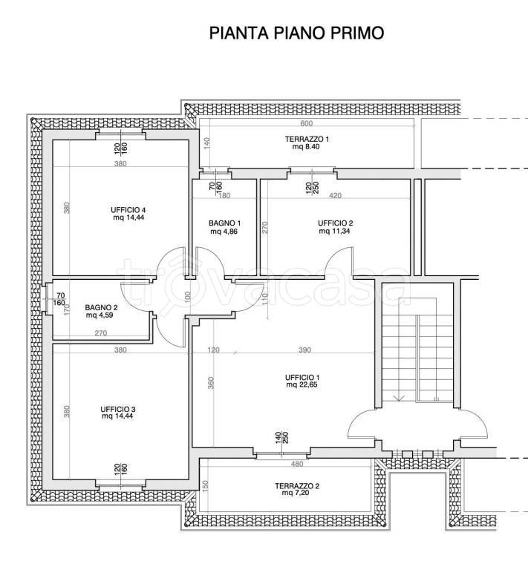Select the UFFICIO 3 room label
click(118, 409)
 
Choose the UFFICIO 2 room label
click(335, 223)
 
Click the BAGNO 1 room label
click(225, 223)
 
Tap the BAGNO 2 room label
click(101, 307)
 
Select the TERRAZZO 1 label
click(306, 140)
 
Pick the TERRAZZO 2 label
click(296, 485)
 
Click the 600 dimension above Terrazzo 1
click(306, 123)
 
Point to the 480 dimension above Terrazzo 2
click(296, 465)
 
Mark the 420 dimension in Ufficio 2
click(335, 196)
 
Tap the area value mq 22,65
click(302, 385)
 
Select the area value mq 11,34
click(335, 232)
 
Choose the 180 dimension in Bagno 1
click(225, 196)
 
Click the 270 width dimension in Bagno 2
click(101, 333)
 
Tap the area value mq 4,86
click(225, 232)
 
